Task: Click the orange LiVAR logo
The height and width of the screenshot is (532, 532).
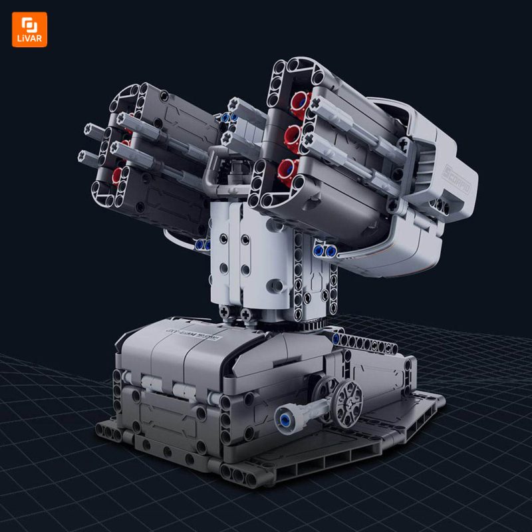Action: pyautogui.click(x=29, y=29)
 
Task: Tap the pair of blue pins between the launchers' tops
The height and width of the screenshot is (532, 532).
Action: pyautogui.click(x=230, y=116)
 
